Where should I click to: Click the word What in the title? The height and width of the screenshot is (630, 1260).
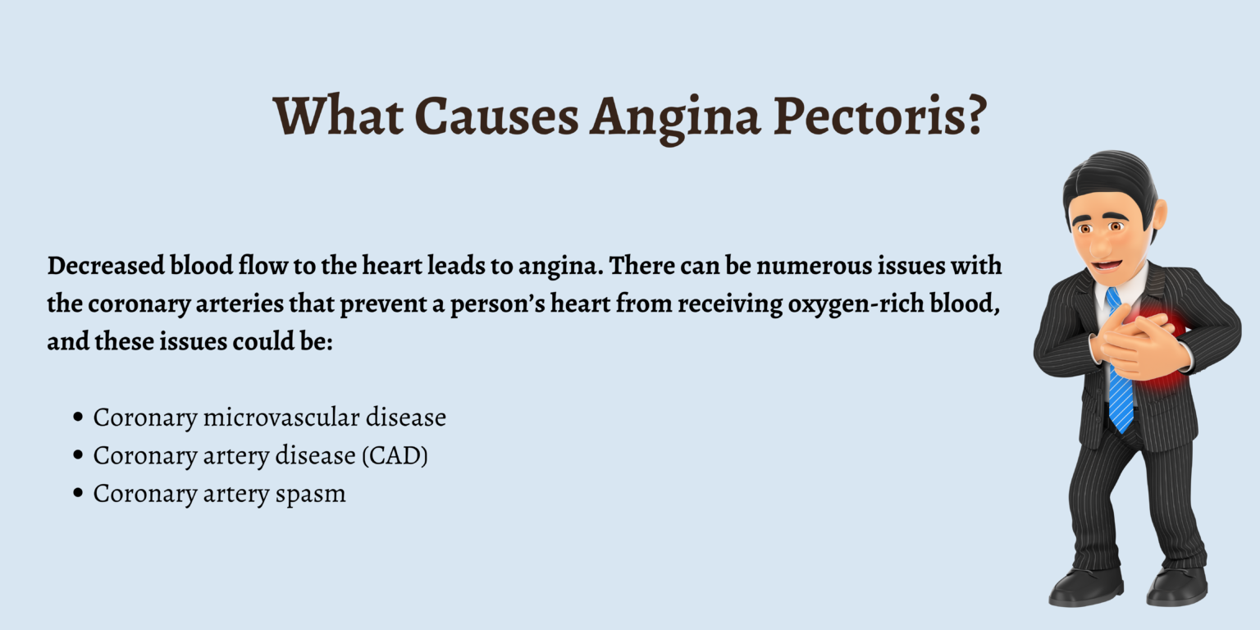point(338,116)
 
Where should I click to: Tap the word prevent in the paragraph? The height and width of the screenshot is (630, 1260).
point(431,304)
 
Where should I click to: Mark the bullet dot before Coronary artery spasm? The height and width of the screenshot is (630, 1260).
point(78,494)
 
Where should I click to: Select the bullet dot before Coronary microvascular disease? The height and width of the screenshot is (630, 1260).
point(78,417)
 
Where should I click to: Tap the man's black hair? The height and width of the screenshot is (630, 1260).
point(1107,176)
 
